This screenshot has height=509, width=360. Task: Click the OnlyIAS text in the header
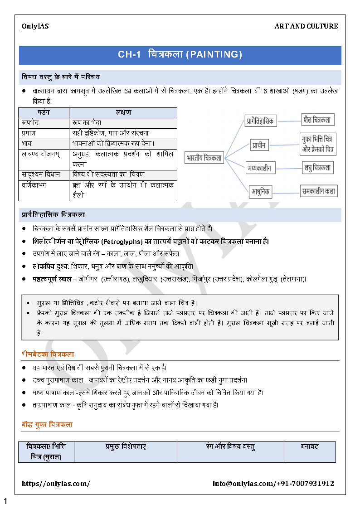pos(35,26)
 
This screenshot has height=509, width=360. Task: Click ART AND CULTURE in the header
pos(306,26)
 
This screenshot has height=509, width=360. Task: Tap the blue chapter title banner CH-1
pos(180,55)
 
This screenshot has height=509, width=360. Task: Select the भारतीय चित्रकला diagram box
pos(204,158)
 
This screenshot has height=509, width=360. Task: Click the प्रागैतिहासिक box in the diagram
pos(260,121)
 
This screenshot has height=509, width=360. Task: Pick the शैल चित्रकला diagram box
pos(318,120)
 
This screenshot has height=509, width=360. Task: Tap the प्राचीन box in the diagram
pos(259,145)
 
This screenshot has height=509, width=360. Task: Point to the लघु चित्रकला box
pos(318,168)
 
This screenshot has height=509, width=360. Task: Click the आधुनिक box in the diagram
pos(260,191)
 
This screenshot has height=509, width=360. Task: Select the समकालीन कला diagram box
pos(319,191)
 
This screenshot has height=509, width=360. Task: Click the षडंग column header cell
pos(44,112)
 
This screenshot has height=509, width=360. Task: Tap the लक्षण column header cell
pos(123,112)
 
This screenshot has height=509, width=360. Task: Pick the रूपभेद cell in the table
pos(44,123)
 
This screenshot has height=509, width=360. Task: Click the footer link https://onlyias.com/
pos(56,484)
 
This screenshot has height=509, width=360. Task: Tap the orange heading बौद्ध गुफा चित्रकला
pos(47,425)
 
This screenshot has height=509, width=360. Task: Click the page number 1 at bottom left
pos(5,501)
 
